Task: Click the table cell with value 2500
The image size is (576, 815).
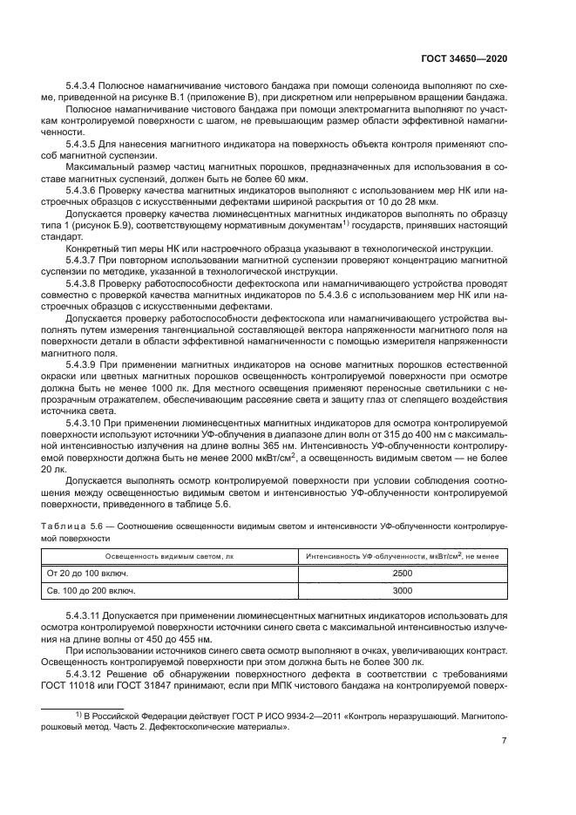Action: [x=403, y=574]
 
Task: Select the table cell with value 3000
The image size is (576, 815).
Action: [x=403, y=591]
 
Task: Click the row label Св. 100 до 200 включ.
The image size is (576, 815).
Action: [x=91, y=591]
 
